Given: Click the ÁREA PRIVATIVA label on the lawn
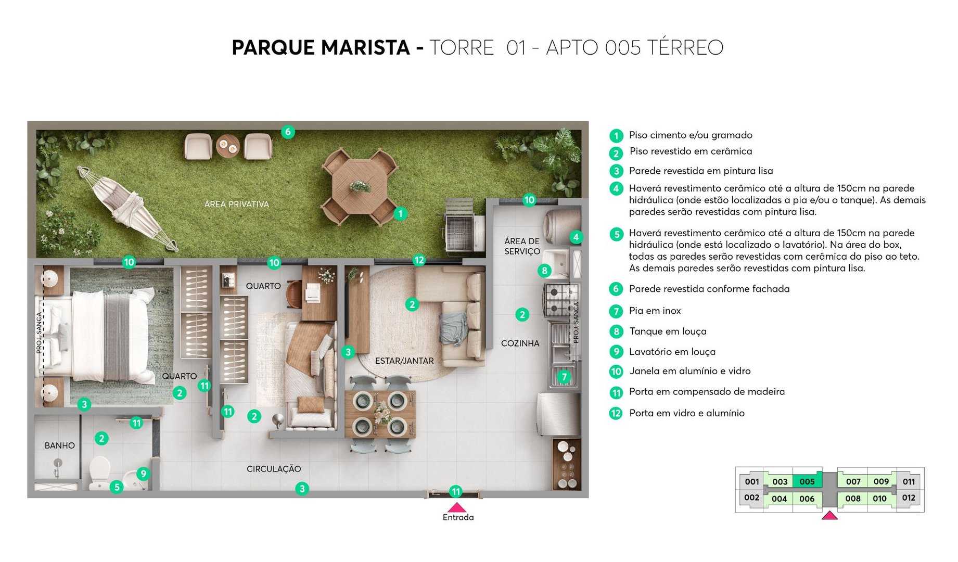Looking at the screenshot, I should (236, 204).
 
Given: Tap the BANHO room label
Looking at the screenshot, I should (59, 445).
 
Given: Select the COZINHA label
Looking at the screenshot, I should (520, 343).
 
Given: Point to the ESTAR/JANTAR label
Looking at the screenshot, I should (404, 361).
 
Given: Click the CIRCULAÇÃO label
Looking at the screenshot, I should (274, 469).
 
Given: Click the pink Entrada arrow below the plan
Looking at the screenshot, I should (457, 507).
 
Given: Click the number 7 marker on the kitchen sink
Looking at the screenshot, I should (564, 377).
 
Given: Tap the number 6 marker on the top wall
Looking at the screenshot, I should (288, 132).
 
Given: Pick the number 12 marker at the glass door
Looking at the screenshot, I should (419, 260).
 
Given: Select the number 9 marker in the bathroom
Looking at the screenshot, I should (143, 474).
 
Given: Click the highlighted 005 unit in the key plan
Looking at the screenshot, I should (807, 481).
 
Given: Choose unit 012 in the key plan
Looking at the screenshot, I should (909, 498).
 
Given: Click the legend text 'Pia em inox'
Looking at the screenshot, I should (655, 311).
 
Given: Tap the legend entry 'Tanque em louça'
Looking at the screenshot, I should (668, 331).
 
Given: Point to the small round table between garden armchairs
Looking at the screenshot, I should (228, 146).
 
